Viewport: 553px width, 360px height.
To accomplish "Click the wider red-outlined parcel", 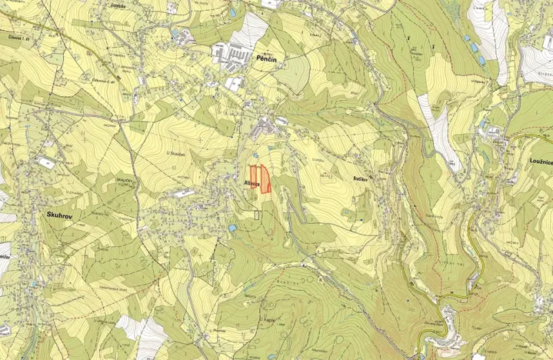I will pyautogui.click(x=265, y=179).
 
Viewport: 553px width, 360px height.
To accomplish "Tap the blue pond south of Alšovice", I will pyautogui.click(x=232, y=228).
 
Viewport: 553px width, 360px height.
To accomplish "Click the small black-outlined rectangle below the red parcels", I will pyautogui.click(x=256, y=215).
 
